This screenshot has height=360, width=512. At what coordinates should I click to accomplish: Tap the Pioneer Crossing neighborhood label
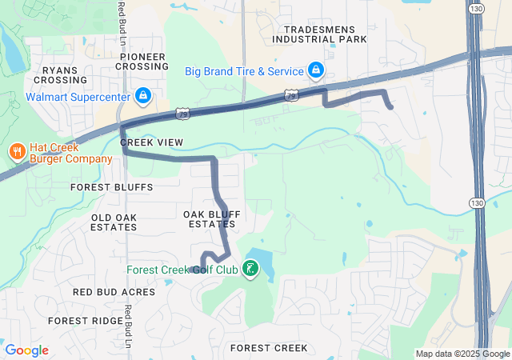143,62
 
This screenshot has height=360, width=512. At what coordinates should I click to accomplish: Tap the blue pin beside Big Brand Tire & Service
316,71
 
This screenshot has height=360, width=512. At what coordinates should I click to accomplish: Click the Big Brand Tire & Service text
244,71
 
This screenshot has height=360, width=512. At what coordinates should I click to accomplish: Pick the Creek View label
152,142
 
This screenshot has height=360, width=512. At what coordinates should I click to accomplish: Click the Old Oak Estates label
114,222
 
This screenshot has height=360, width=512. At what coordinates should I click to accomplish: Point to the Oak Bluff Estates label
212,218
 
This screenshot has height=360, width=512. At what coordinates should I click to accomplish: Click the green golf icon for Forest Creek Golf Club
251,269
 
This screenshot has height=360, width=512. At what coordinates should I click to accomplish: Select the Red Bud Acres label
114,292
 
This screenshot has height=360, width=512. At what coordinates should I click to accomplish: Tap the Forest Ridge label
85,320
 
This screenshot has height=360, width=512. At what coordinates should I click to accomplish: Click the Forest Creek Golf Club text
182,269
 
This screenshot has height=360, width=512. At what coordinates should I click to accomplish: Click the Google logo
26,350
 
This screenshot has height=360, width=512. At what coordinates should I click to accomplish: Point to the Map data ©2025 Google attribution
462,354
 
